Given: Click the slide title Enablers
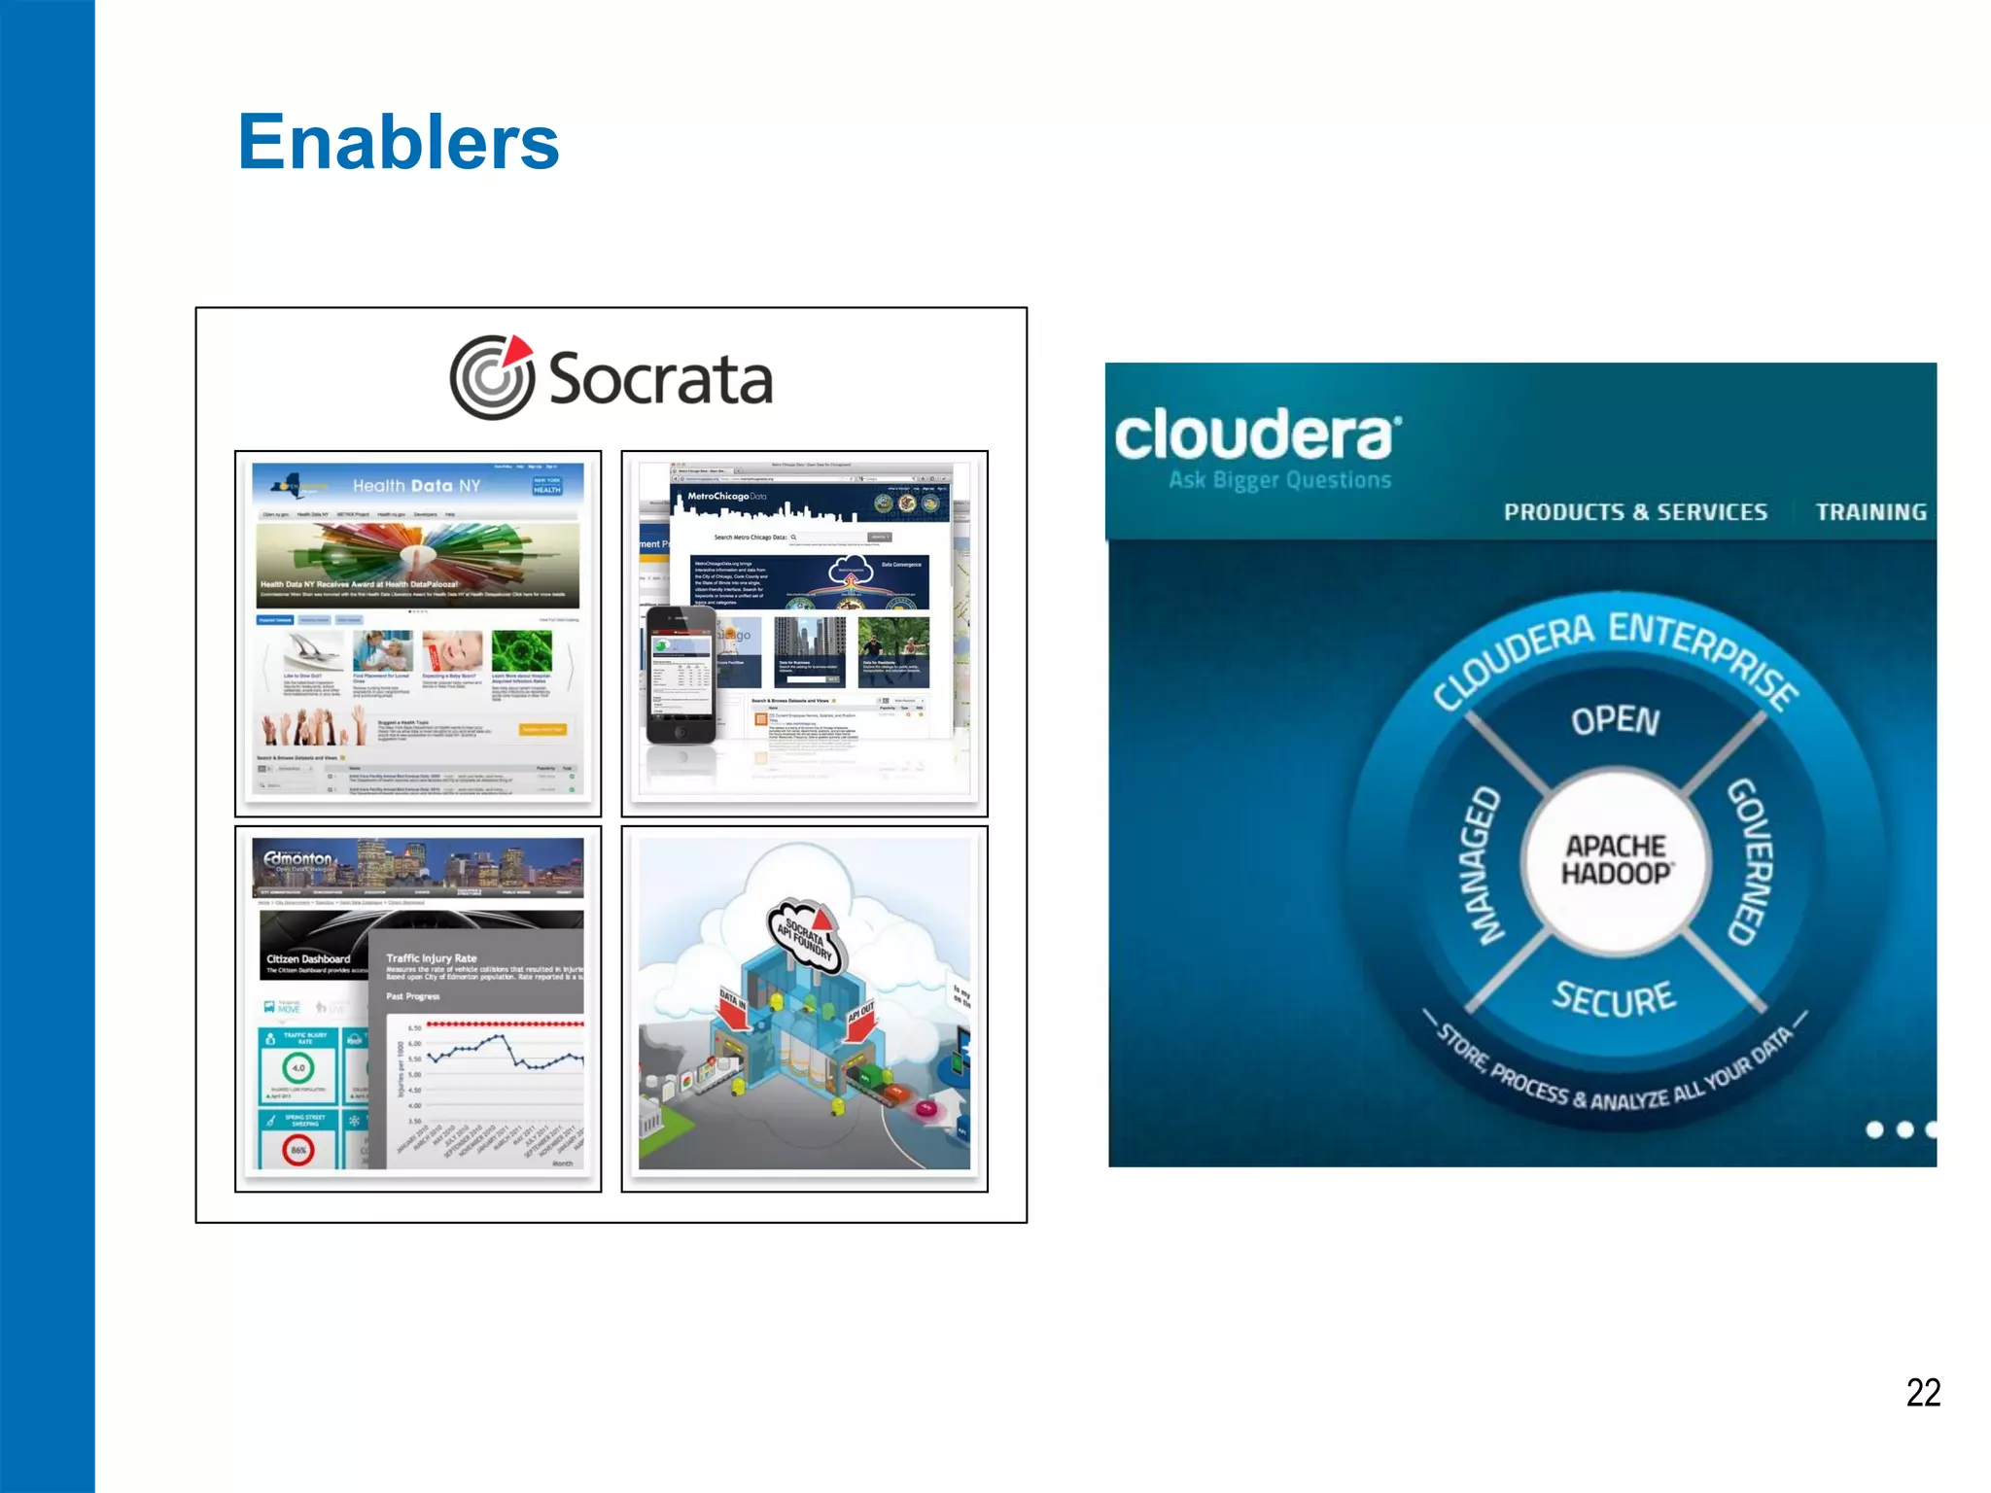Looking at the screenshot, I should pos(399,142).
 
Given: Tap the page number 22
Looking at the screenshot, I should pos(1922,1392).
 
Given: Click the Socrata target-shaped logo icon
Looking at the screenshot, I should pos(492,377).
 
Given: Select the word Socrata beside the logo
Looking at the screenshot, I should pos(660,379).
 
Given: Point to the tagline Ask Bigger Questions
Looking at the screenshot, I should pos(1279,480).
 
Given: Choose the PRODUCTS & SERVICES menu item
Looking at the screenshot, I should pos(1635,512).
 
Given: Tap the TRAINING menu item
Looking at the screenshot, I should pos(1870,512).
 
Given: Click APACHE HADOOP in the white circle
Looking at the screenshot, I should pos(1615,860).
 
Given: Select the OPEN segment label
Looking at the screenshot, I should pos(1615,720).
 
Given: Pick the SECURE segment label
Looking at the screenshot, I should pos(1614,998).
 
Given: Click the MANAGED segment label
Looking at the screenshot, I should pos(1481,865).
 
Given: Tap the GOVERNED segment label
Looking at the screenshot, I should pos(1752,861).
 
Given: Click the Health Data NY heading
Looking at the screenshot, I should pos(416,485).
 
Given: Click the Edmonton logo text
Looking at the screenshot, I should pos(297,858).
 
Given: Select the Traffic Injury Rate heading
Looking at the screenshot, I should pos(431,957).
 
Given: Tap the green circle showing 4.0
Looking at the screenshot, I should pos(298,1067).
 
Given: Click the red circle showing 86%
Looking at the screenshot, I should pos(298,1150).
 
